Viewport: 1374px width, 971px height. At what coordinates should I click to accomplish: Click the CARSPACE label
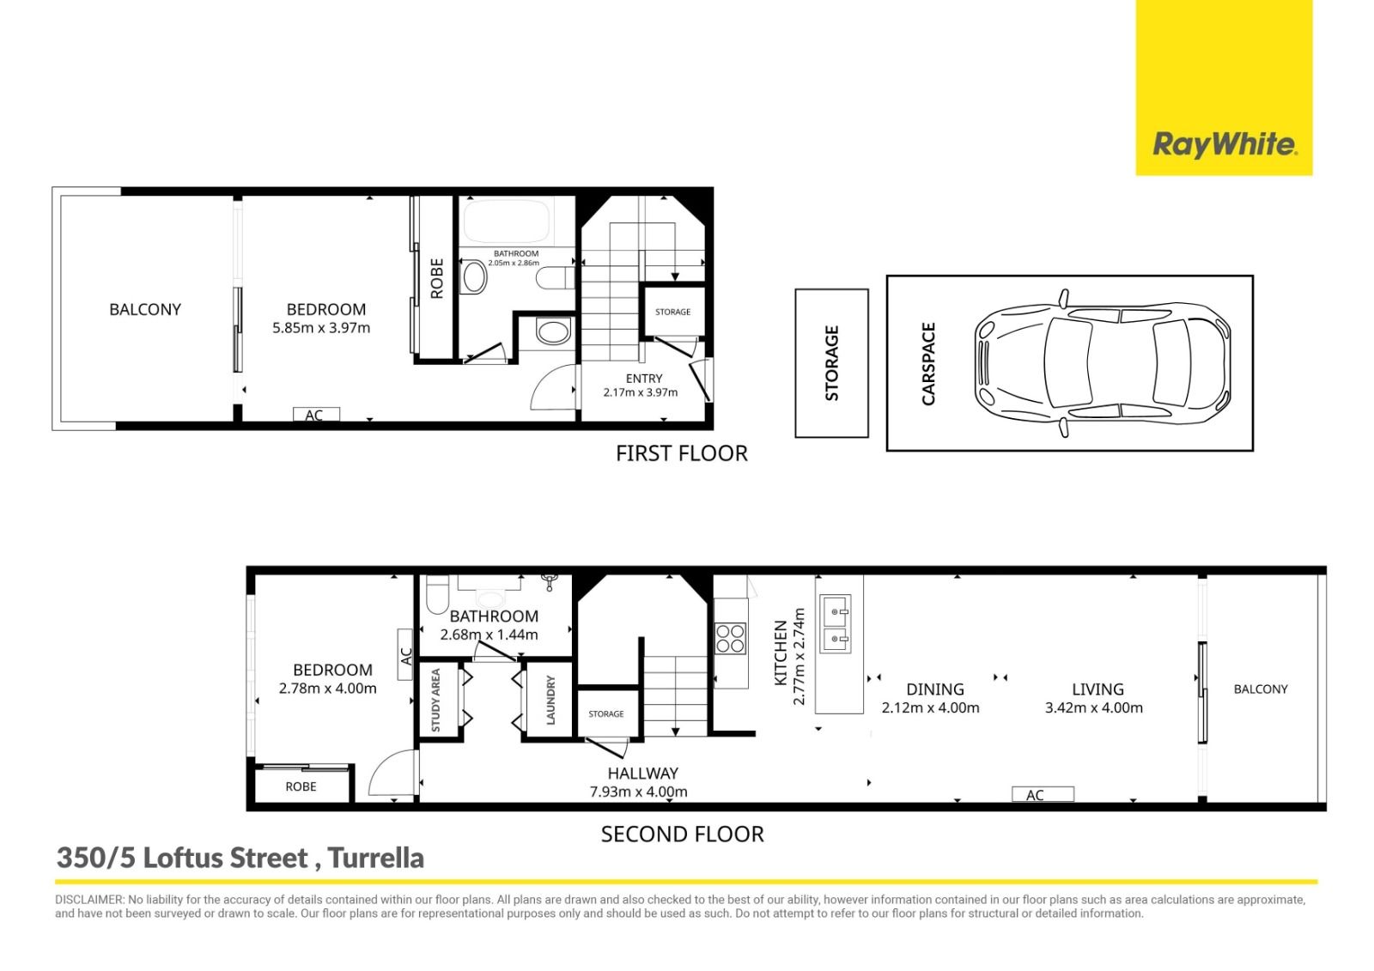coord(928,364)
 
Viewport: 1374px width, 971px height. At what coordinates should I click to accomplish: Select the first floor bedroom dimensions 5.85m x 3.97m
coord(321,328)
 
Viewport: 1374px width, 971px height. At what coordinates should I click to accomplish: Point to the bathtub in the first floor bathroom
coord(506,221)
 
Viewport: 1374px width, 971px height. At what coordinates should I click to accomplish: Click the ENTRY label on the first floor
coord(643,379)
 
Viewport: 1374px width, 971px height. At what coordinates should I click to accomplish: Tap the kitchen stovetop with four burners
coord(731,638)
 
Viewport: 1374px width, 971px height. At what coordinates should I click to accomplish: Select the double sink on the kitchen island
coord(836,623)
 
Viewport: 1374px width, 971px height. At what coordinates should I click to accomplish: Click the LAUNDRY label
coord(550,700)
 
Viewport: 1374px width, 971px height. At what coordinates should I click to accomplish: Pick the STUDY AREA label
coord(435,700)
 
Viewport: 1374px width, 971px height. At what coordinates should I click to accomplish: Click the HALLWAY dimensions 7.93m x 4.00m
coord(639,792)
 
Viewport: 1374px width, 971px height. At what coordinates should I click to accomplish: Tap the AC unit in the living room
coord(1043,794)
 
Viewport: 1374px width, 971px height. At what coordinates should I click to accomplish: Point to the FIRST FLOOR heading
coord(682,453)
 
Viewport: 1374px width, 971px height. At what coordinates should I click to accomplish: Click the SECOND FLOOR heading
coord(682,834)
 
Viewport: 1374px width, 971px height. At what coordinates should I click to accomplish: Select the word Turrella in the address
coord(376,859)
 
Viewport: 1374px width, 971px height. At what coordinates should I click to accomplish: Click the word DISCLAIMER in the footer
coord(89,900)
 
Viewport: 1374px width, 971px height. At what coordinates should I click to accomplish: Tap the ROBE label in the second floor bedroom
coord(301,786)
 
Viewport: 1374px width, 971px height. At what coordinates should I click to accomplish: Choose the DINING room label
coord(935,689)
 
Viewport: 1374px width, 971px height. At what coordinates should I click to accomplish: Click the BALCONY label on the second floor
coord(1261,689)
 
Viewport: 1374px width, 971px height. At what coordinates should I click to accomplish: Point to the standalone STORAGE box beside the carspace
coord(832,363)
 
